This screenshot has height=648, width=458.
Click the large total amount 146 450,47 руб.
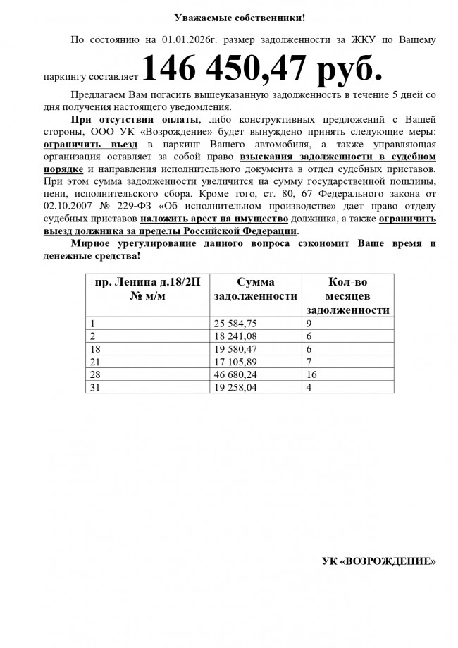(x=263, y=68)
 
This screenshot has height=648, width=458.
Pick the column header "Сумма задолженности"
(x=255, y=289)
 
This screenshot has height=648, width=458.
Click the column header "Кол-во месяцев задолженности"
(x=348, y=295)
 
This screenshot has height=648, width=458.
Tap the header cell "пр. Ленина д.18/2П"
(x=147, y=282)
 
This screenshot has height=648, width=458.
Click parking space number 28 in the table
(x=96, y=374)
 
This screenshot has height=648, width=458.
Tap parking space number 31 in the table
(x=96, y=387)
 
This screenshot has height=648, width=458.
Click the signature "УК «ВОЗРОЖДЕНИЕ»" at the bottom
(x=378, y=561)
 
